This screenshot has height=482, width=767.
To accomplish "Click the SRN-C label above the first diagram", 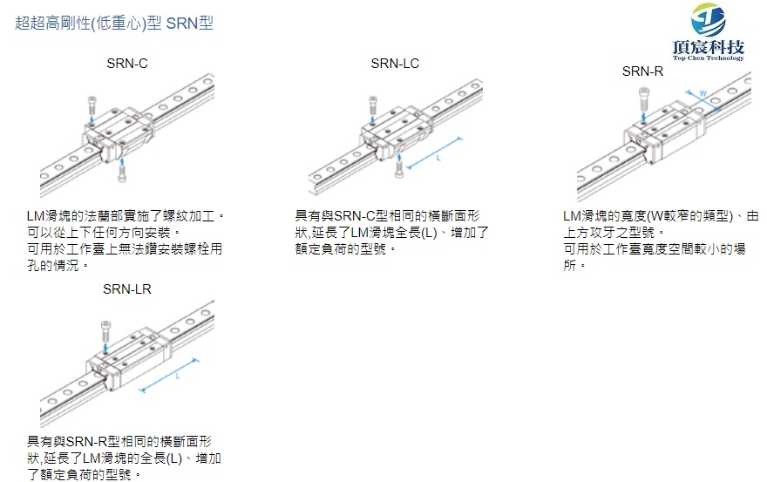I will (126, 64).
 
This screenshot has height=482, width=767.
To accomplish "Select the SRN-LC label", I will (395, 64).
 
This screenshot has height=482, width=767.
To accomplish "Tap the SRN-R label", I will (642, 71).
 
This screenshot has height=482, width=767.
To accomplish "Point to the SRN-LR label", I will (126, 289).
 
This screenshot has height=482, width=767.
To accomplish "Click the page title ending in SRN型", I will (114, 23).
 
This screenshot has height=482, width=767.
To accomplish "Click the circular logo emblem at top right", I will (708, 17).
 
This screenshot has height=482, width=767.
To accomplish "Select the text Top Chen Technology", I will (709, 58).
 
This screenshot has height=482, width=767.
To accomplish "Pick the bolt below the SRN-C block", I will (123, 172).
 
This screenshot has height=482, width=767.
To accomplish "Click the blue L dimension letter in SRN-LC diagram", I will (438, 158).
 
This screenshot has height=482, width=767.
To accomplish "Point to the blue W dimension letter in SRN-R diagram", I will (702, 92).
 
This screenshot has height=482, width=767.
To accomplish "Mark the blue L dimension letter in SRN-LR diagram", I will (177, 377).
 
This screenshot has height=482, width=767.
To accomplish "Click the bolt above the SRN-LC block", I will (372, 106).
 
